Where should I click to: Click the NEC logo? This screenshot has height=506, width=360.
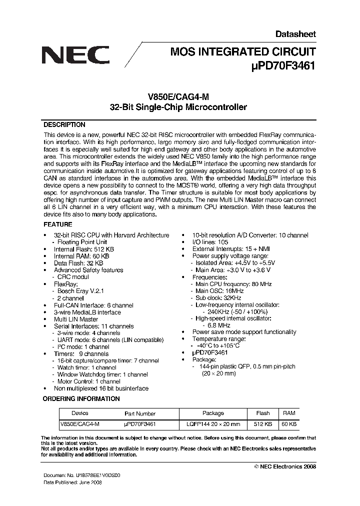pyautogui.click(x=75, y=53)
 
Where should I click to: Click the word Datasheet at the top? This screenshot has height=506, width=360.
pyautogui.click(x=295, y=34)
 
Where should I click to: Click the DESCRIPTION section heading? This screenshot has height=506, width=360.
pyautogui.click(x=64, y=125)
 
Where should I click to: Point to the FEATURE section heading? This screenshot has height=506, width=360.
pyautogui.click(x=58, y=224)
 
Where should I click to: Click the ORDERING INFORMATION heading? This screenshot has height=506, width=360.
pyautogui.click(x=81, y=398)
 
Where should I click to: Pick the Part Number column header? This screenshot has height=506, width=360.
pyautogui.click(x=139, y=413)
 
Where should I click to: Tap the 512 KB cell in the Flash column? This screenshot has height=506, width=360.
pyautogui.click(x=262, y=424)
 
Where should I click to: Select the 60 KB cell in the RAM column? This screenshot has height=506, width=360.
pyautogui.click(x=289, y=424)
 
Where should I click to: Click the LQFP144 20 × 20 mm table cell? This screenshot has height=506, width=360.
pyautogui.click(x=213, y=424)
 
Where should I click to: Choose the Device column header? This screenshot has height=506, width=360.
pyautogui.click(x=80, y=413)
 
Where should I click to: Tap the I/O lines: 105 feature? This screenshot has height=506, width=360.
pyautogui.click(x=210, y=242)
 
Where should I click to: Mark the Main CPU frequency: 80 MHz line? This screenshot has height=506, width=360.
pyautogui.click(x=233, y=284)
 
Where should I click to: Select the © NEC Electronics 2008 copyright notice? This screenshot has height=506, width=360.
pyautogui.click(x=285, y=466)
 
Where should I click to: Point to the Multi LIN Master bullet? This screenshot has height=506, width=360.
pyautogui.click(x=76, y=319)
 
